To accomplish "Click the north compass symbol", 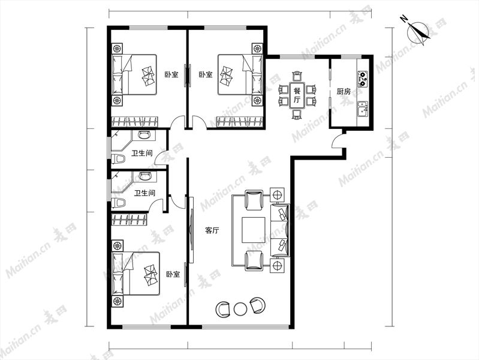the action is (418, 31).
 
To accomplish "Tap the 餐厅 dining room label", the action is (297, 95).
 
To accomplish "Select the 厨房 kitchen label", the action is (344, 91).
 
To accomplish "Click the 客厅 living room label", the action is (212, 230).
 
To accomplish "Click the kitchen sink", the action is (363, 109).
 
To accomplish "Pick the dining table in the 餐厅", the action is (297, 95).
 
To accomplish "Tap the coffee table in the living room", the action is (254, 230).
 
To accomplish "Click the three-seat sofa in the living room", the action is (280, 230).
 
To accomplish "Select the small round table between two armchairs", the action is (240, 309).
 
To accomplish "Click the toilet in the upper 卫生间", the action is (119, 159).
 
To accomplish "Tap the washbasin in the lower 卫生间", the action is (145, 176).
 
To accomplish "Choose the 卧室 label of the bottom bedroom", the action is (173, 274).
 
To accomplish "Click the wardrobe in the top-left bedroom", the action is (134, 121).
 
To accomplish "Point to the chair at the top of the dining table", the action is (297, 76).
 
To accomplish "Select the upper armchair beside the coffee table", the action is (254, 200).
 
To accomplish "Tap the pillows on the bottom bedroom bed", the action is (150, 275).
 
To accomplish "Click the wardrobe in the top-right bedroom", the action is (240, 121).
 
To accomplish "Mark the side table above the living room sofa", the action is (278, 195).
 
